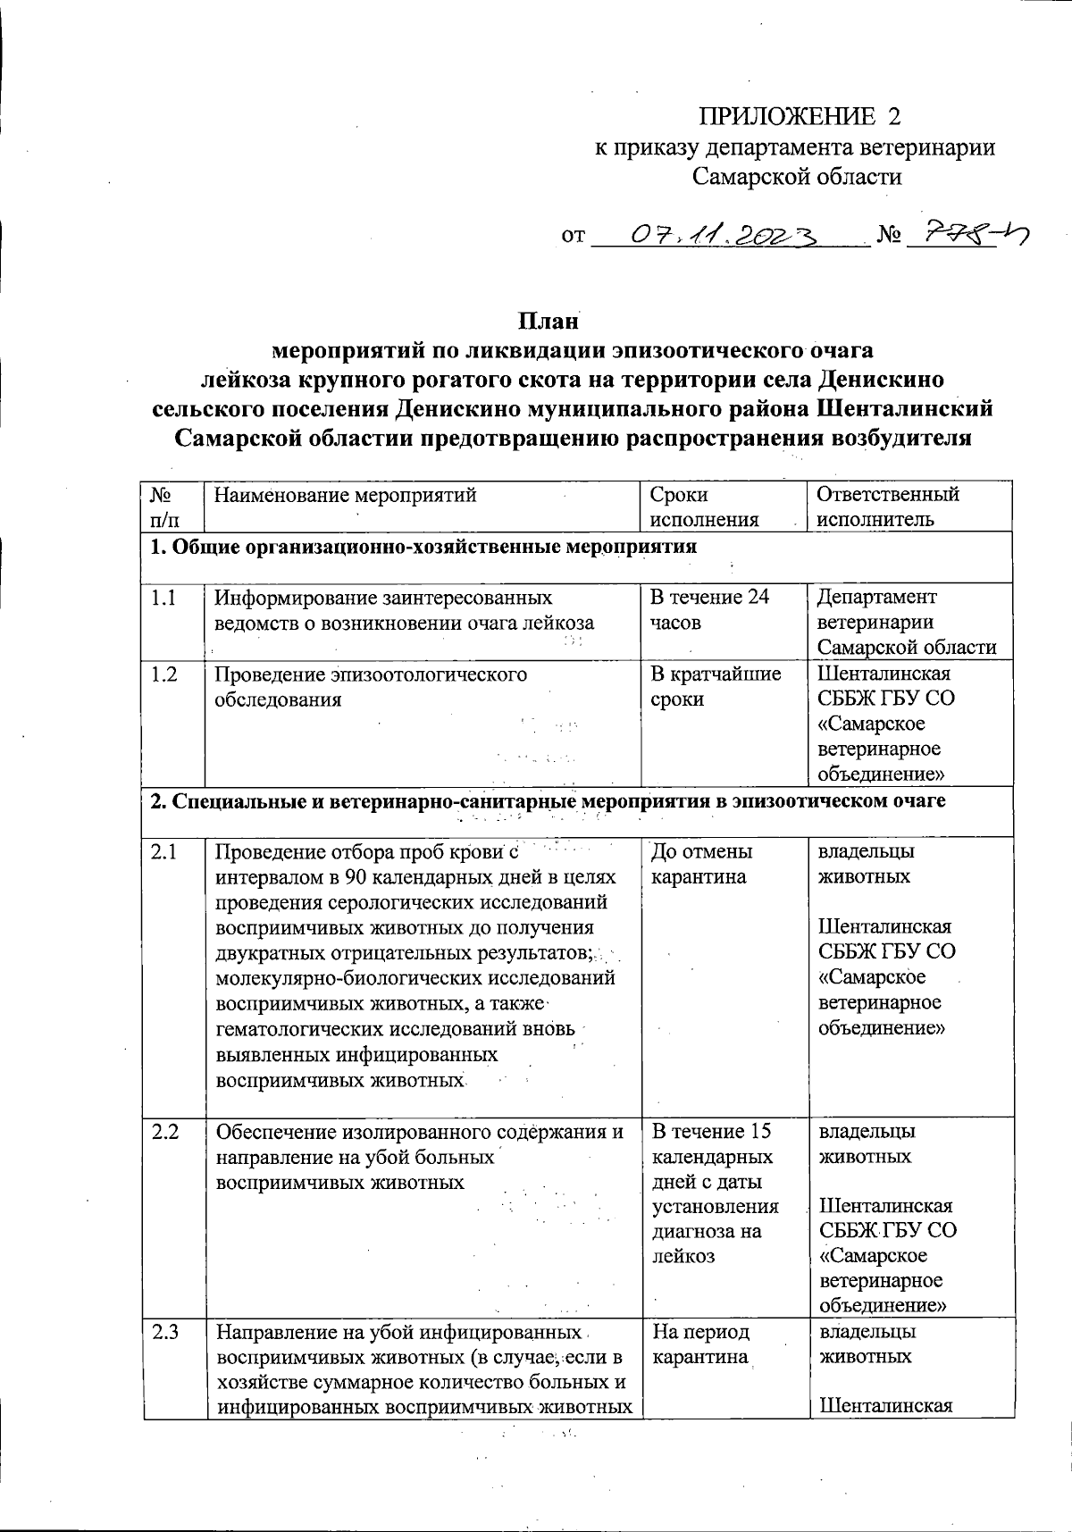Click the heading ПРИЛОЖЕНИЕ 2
[x=800, y=117]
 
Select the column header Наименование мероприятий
[x=346, y=495]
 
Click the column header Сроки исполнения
[x=705, y=506]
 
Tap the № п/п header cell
[x=163, y=506]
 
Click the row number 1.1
[x=163, y=598]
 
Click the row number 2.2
[x=164, y=1132]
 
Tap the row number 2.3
[x=164, y=1332]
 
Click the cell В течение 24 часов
[x=709, y=609]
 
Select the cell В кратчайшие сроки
[x=715, y=686]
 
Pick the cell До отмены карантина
[x=702, y=864]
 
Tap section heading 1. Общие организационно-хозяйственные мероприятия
[x=423, y=547]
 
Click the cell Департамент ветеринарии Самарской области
[x=907, y=622]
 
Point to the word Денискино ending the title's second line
[x=880, y=380]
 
